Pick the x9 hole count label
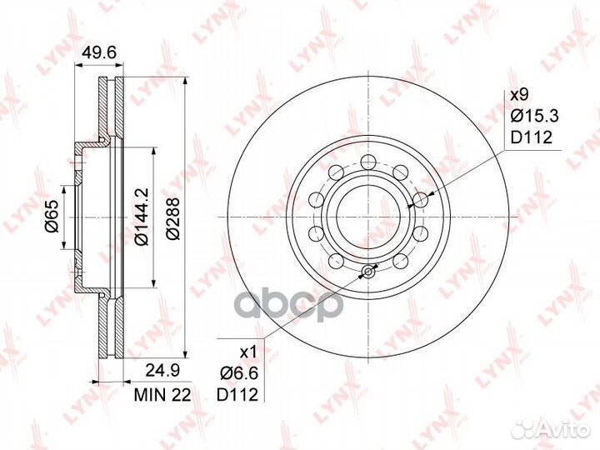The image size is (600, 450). (x=519, y=96)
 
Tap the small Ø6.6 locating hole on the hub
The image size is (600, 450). (x=367, y=271)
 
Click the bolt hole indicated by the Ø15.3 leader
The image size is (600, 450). (x=422, y=199)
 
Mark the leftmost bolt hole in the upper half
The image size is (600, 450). (x=317, y=200)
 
